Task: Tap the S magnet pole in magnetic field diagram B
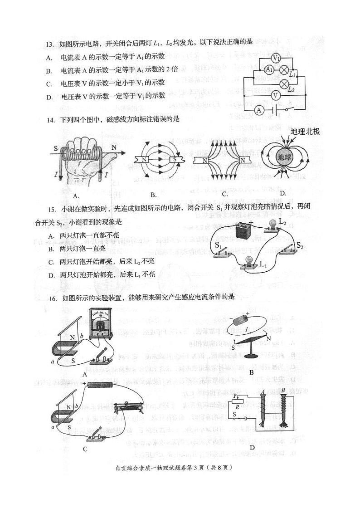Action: pos(174,160)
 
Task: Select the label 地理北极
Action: pos(305,132)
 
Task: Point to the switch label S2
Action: pos(300,245)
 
